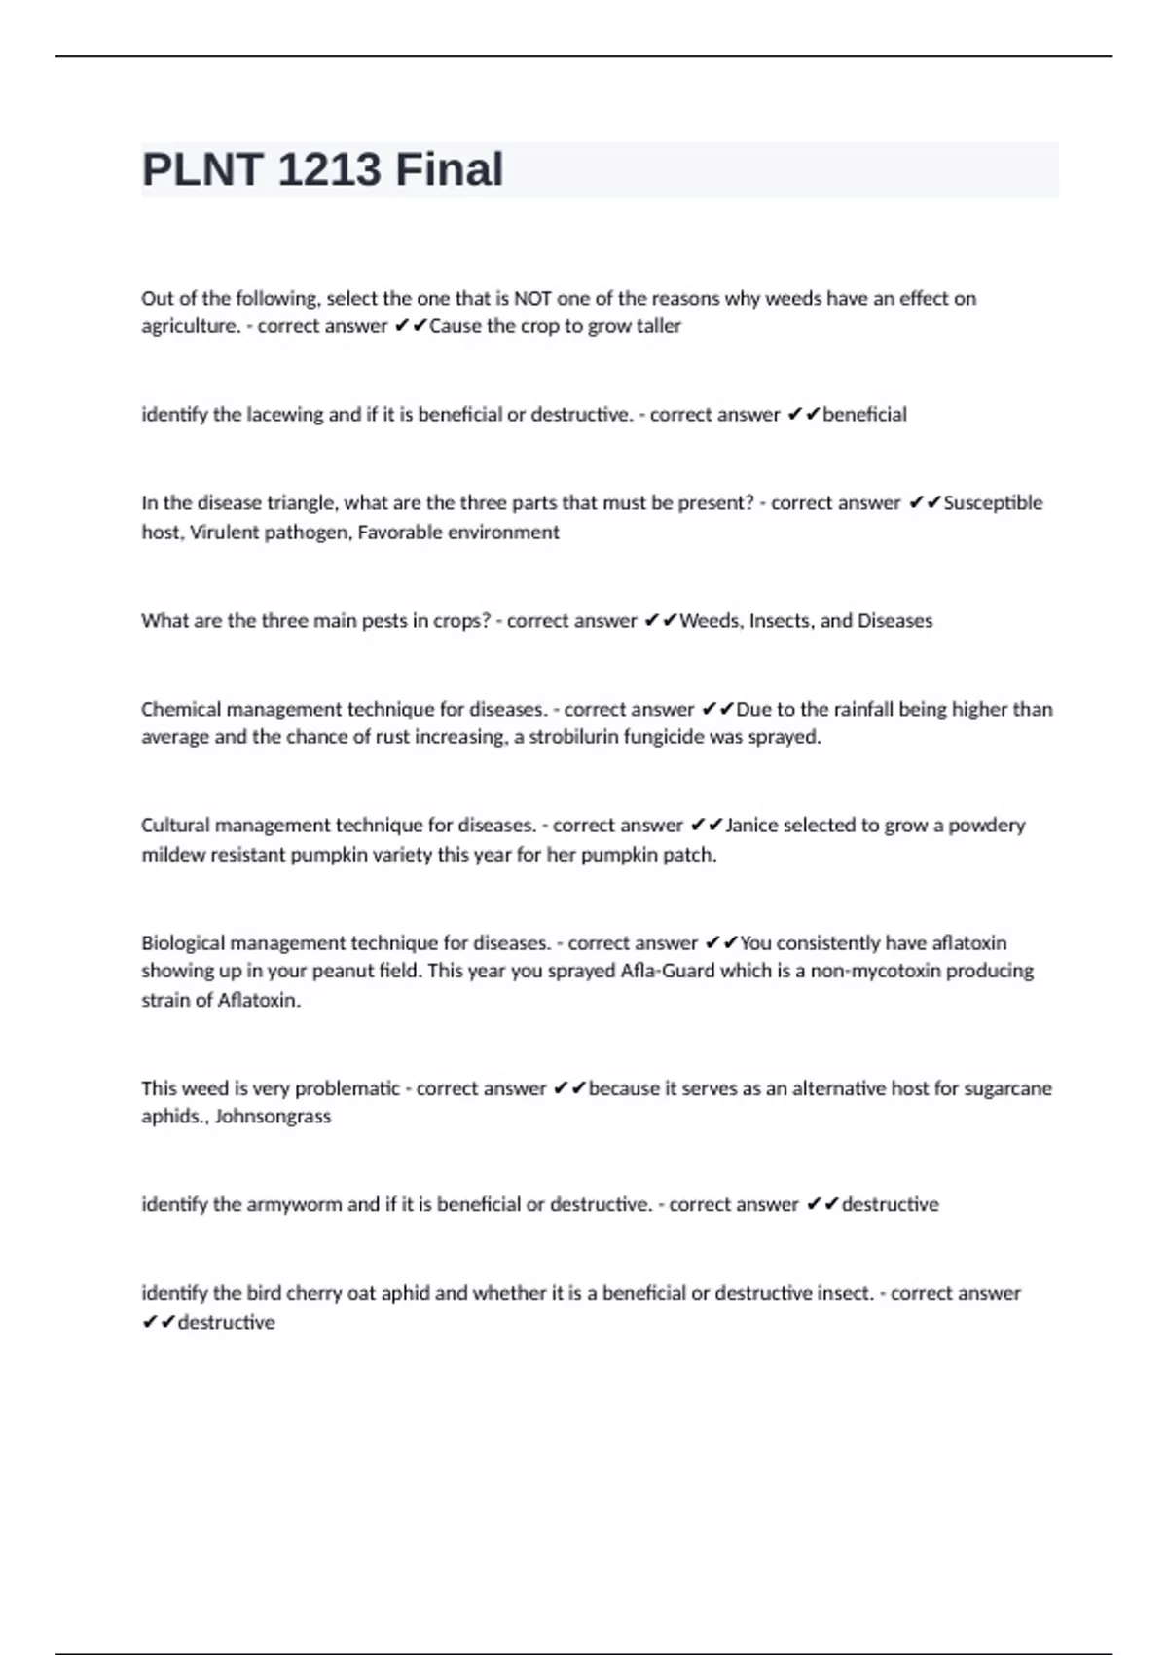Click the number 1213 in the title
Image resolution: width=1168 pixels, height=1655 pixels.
(329, 169)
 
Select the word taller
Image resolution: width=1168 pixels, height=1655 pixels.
(659, 326)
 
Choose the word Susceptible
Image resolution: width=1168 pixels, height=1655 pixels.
(993, 503)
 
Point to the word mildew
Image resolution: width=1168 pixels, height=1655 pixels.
(171, 855)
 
